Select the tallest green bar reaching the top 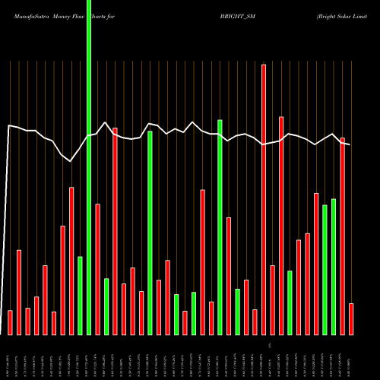coord(89,167)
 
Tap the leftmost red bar coord(10,322)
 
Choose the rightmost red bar coord(351,319)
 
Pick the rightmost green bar coord(334,266)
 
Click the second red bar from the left coord(19,292)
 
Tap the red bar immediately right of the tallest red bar coord(272,299)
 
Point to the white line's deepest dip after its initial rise coord(71,160)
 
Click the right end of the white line coord(350,144)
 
